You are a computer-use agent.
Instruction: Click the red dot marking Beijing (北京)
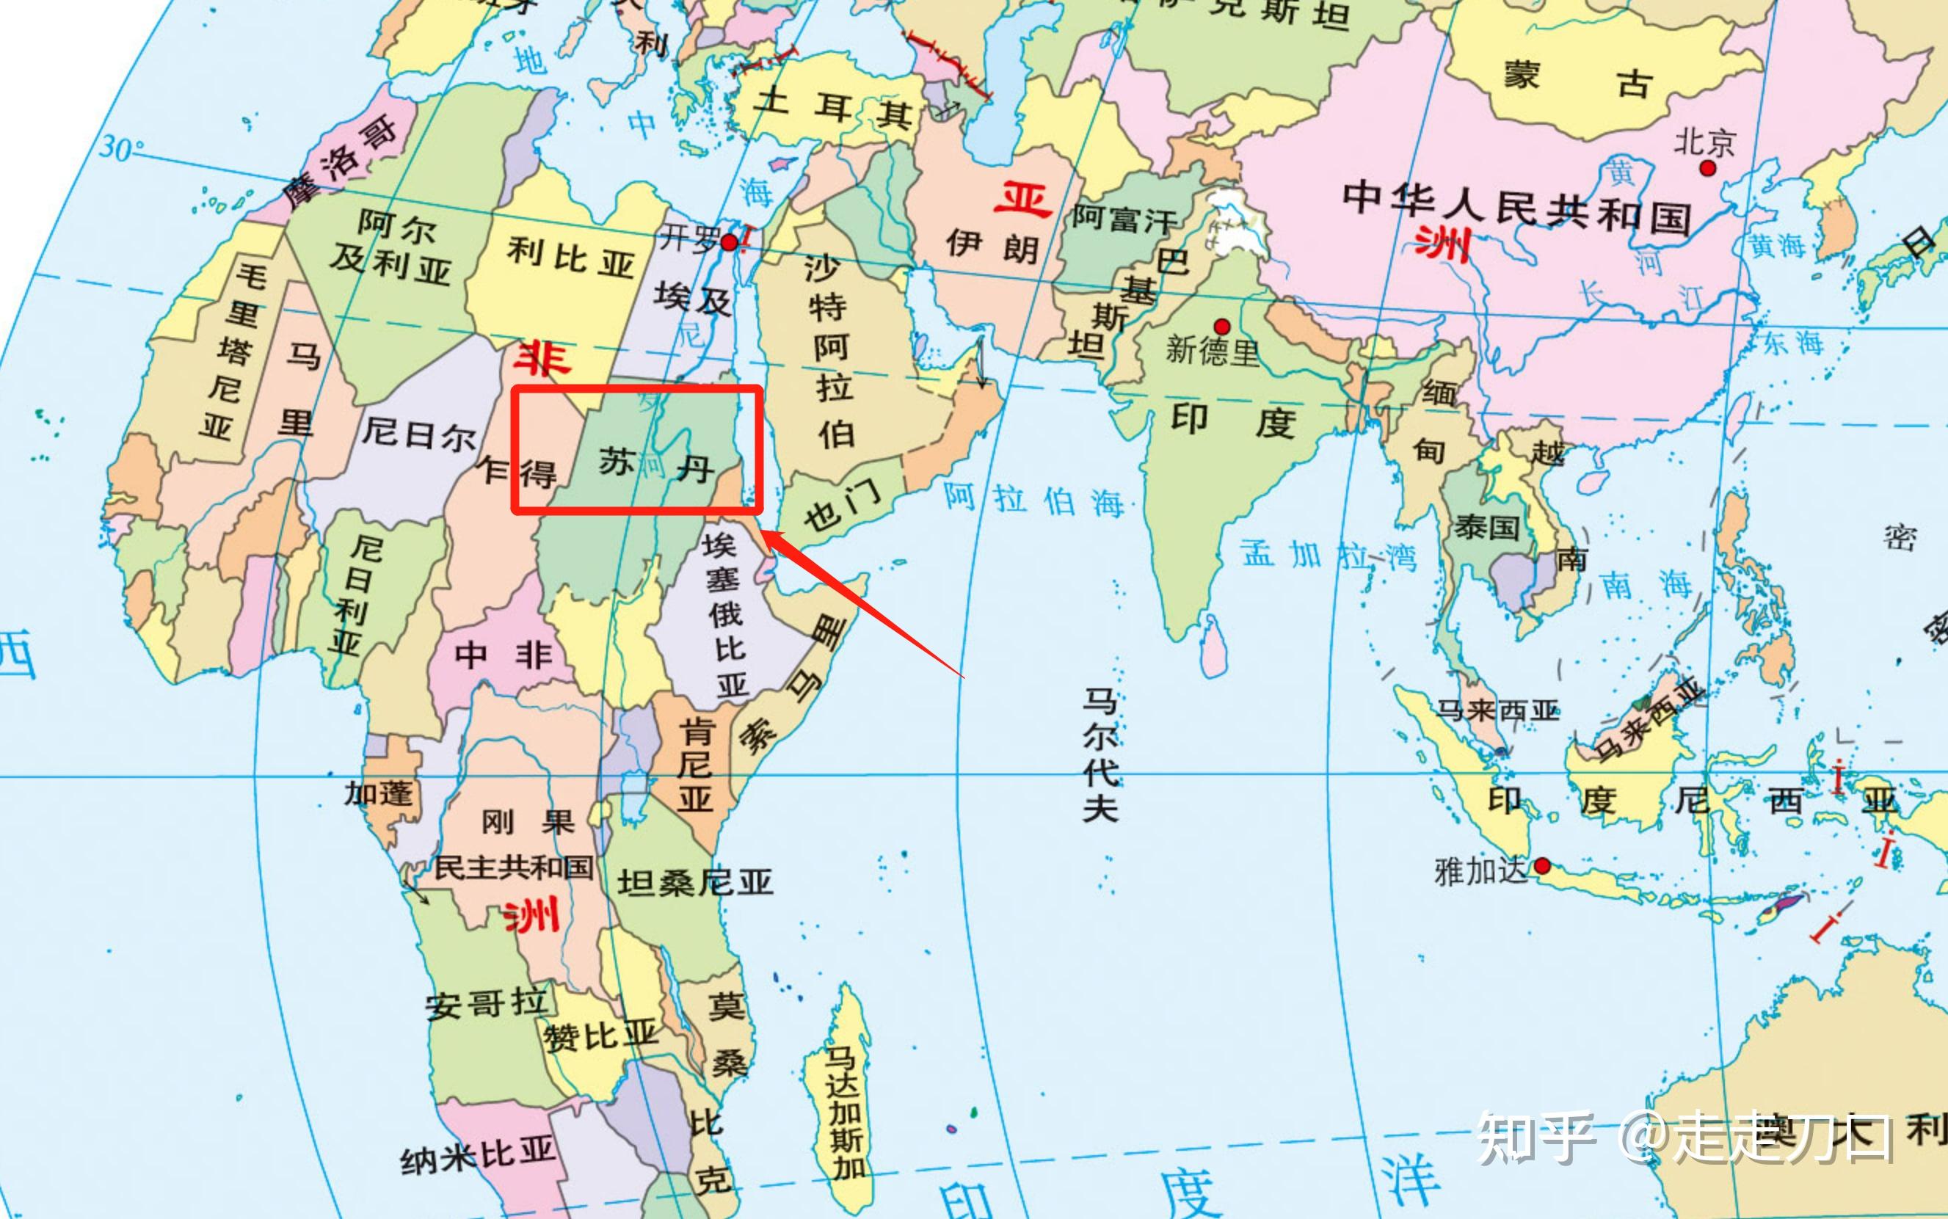1707,167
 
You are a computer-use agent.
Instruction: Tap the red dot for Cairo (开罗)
729,242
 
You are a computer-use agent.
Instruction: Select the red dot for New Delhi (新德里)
1221,327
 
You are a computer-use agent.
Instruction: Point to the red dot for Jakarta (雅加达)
1541,866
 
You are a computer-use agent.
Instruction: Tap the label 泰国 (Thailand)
1487,527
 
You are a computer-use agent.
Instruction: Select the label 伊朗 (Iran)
992,245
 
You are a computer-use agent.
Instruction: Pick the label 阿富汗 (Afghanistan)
1124,218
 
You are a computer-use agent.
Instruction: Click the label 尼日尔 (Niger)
418,435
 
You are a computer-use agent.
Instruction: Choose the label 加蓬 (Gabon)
378,793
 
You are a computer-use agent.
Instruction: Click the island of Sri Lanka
1212,645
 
